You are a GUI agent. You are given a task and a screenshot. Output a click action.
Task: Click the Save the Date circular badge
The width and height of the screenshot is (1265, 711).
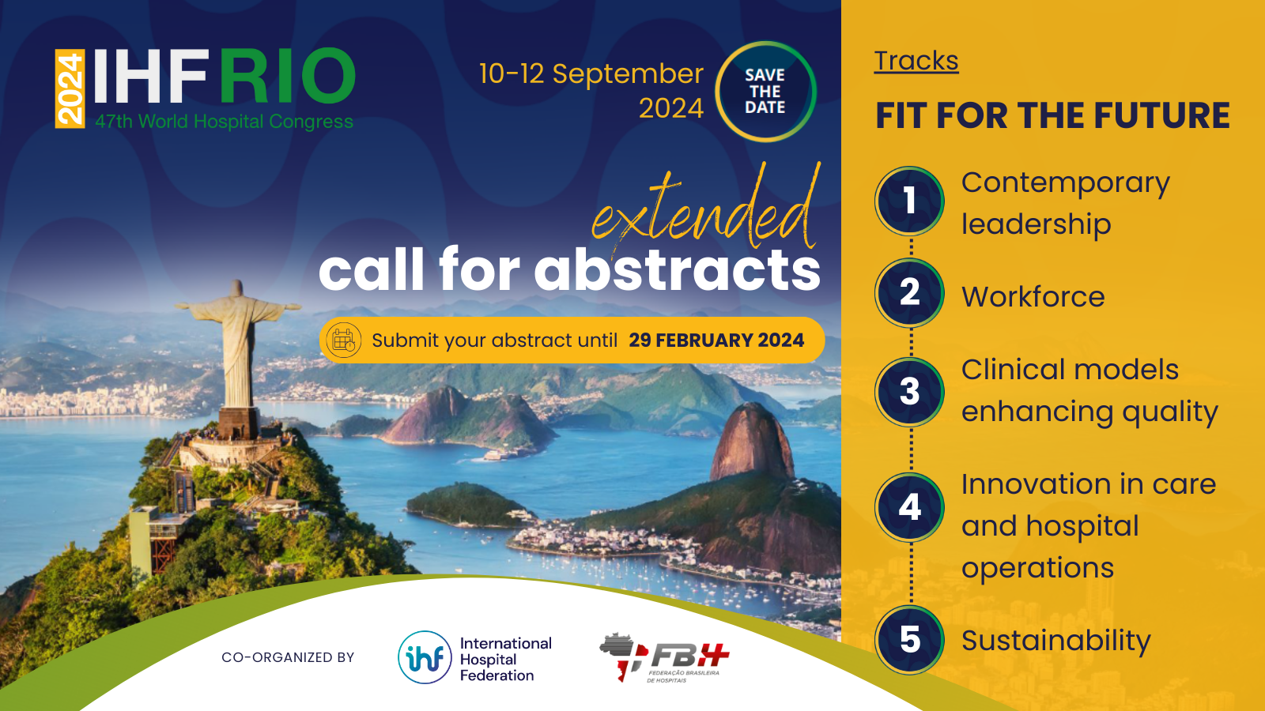(x=765, y=92)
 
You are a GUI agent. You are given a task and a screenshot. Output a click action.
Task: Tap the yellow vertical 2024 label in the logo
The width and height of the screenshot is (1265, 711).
(x=70, y=88)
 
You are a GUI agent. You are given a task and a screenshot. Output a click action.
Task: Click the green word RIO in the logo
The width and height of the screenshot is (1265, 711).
(x=288, y=76)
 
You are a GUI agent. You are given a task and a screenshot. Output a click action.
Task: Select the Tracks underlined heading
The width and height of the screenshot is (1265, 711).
(x=916, y=61)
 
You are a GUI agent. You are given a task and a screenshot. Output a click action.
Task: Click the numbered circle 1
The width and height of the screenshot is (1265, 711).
(x=909, y=201)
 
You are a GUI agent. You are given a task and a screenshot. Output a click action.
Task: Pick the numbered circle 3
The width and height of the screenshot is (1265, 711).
(x=909, y=392)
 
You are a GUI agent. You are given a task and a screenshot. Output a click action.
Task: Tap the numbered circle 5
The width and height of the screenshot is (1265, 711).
(x=909, y=640)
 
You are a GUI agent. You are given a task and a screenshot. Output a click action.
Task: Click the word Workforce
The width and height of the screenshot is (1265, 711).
(x=1033, y=297)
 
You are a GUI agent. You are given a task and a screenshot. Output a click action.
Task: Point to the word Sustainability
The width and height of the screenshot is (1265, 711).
(x=1056, y=641)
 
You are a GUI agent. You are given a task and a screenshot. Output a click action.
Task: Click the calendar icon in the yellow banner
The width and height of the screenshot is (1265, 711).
(x=343, y=340)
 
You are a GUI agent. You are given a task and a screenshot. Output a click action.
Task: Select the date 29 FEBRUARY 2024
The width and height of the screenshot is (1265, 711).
(x=716, y=340)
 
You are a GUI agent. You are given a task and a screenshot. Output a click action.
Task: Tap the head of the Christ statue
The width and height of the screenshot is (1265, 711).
(x=236, y=288)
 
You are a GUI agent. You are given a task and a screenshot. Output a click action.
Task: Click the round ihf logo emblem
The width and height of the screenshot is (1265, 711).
(x=425, y=657)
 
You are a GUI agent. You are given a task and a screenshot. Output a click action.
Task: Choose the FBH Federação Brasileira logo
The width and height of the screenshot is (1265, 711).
(x=664, y=658)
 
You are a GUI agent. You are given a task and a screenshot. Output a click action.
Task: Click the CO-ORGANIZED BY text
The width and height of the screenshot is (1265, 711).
(x=288, y=657)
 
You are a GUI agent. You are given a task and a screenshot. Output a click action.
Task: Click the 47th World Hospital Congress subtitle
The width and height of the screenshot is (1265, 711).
(x=225, y=122)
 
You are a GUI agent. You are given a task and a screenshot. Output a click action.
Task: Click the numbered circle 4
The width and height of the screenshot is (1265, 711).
(x=909, y=507)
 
